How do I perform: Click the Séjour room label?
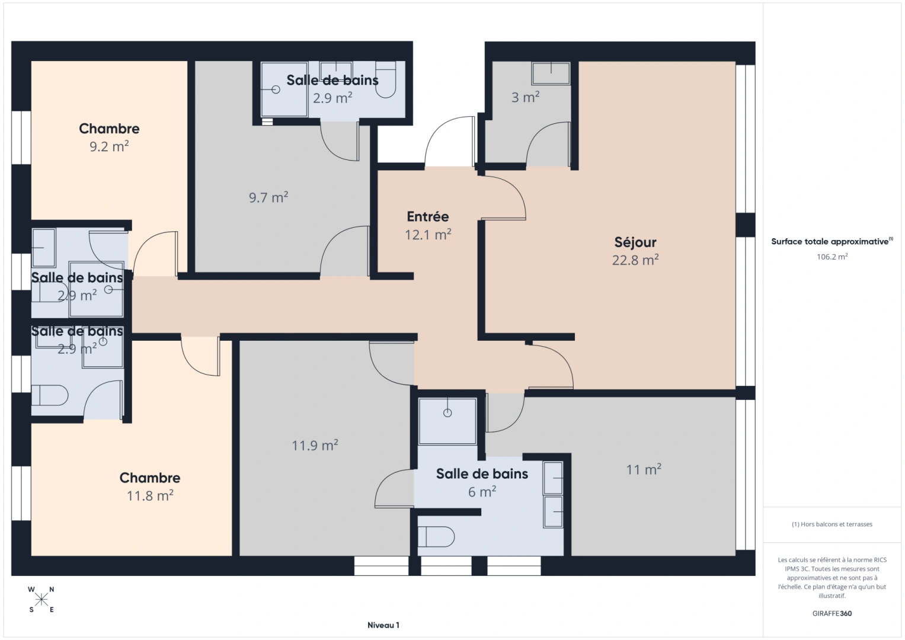click(635, 242)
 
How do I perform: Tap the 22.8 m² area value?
click(635, 260)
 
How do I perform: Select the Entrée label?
click(427, 216)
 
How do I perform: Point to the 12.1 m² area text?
click(427, 235)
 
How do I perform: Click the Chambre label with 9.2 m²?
click(109, 129)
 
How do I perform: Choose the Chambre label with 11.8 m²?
click(149, 478)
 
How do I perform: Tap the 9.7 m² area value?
click(268, 197)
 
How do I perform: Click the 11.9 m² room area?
click(314, 445)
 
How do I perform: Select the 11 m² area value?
click(643, 470)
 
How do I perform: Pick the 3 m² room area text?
click(525, 97)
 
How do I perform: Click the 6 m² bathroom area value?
click(482, 492)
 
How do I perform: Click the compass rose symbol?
click(41, 600)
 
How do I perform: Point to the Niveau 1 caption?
click(383, 625)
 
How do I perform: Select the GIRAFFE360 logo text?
click(832, 613)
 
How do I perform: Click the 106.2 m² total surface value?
click(832, 257)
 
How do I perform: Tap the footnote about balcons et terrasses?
click(832, 524)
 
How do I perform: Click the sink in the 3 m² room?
click(551, 73)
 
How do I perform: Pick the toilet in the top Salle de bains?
click(386, 80)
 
